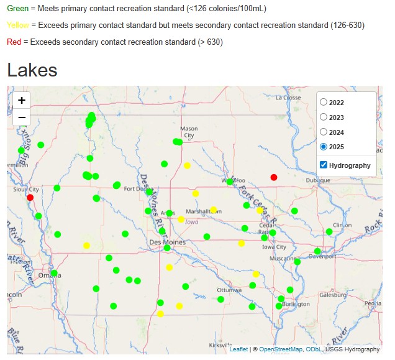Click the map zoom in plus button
(x=22, y=100)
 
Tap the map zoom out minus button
(x=22, y=117)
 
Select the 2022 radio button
(x=324, y=102)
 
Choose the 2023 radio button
(x=324, y=117)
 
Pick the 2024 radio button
(x=324, y=132)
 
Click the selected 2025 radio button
(x=324, y=147)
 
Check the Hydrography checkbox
(x=324, y=165)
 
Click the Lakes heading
(x=32, y=70)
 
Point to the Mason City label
(x=189, y=132)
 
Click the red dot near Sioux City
(x=30, y=197)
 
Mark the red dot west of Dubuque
(x=274, y=177)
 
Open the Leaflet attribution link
(x=238, y=349)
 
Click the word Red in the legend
(x=14, y=42)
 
